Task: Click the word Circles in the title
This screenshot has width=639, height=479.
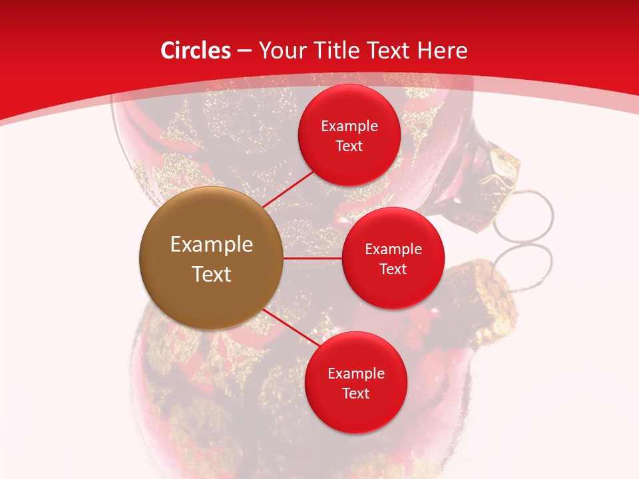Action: pos(196,51)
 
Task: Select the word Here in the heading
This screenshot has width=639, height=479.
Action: pos(442,51)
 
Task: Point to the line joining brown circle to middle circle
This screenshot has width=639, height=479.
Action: pos(312,258)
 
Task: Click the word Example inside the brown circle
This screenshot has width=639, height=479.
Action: pos(212,245)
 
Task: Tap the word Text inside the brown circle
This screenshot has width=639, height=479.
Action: pos(212,274)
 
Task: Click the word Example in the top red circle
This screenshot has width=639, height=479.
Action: pos(349,126)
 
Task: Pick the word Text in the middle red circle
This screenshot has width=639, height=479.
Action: pos(393,269)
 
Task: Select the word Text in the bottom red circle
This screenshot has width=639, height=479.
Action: pos(355,393)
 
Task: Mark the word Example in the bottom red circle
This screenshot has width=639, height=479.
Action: pos(355,373)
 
